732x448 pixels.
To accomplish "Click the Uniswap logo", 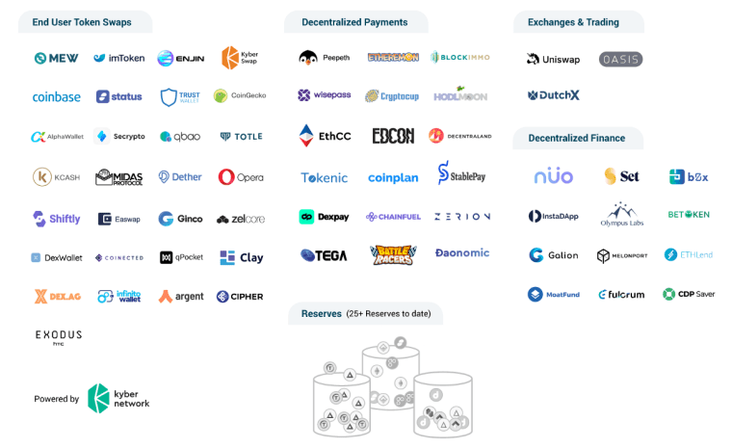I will click(x=553, y=59).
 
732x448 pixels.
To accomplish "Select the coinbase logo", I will click(x=56, y=96).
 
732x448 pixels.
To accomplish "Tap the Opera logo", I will click(x=240, y=177).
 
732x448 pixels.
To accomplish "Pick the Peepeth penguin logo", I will click(x=324, y=58).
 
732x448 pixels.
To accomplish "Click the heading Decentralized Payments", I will click(x=354, y=22).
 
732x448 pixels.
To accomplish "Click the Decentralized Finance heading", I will click(x=576, y=138).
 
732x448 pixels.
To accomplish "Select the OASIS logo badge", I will click(x=620, y=59).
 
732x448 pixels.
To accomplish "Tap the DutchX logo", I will click(x=553, y=95).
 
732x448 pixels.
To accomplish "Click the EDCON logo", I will click(x=393, y=136).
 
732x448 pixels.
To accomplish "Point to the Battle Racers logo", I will click(x=393, y=254).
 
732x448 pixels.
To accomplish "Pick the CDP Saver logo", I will click(x=689, y=294).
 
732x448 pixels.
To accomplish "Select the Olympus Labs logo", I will click(x=621, y=214).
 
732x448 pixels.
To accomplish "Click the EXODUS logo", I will click(x=59, y=336).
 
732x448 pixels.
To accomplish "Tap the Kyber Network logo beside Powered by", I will click(x=118, y=398).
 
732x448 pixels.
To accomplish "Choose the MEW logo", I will click(x=56, y=58).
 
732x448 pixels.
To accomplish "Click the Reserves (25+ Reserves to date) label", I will click(x=365, y=313).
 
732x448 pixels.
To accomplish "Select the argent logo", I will click(x=181, y=296).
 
